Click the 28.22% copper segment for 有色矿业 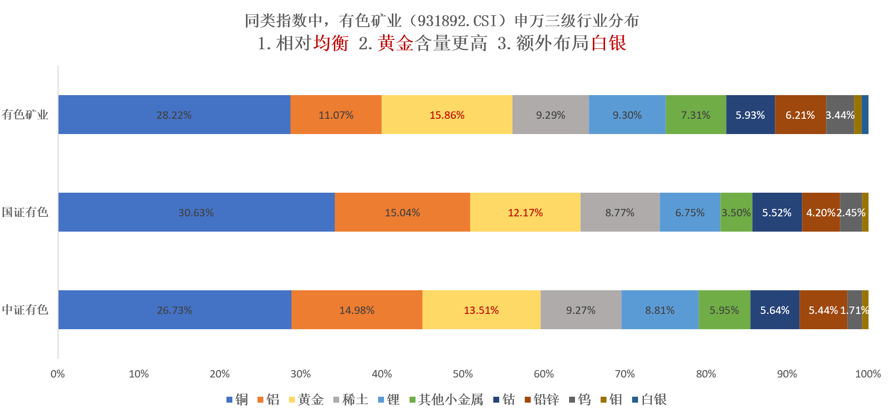[174, 115]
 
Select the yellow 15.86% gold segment [447, 115]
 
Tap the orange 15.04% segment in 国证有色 [402, 212]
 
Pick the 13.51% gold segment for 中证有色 [481, 310]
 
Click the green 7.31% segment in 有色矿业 [696, 115]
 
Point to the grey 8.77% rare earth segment [620, 212]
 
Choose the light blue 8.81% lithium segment [660, 310]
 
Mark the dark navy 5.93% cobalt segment [750, 115]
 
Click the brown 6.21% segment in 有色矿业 [800, 115]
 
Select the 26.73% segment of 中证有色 [174, 310]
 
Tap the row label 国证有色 [25, 212]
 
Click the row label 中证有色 [25, 310]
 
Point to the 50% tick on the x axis [463, 374]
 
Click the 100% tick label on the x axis [867, 374]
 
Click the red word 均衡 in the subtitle [331, 43]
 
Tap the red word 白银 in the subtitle [608, 43]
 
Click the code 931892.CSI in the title [458, 21]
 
